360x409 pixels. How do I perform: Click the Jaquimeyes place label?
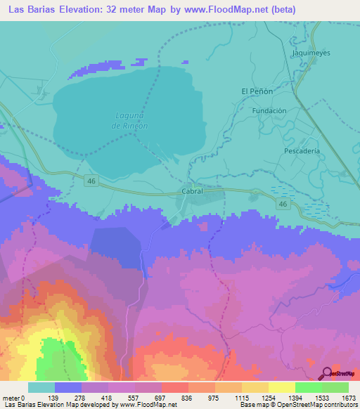[310, 53]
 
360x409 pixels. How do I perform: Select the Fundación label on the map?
[269, 110]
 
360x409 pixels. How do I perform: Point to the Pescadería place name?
[302, 150]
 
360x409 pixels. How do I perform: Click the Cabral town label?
[192, 190]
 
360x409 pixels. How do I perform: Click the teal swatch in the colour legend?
[41, 387]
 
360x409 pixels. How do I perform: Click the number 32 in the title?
[115, 9]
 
